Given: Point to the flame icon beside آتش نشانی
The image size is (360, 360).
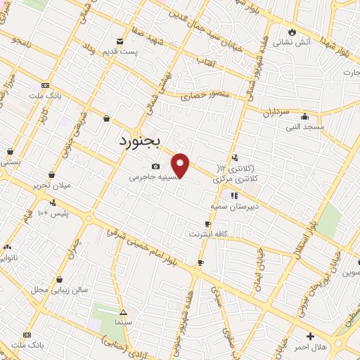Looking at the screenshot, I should (292, 32).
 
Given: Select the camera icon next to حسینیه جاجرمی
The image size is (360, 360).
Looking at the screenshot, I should (155, 166).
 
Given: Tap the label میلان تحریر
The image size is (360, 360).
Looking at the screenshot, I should (51, 186).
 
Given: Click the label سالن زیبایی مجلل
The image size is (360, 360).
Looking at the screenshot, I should (59, 290).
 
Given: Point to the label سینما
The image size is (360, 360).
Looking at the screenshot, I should (124, 321).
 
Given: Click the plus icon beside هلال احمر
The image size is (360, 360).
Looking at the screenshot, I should (310, 336).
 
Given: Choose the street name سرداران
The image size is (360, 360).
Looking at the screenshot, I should (276, 111).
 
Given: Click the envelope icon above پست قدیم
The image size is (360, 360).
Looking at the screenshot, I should (120, 41).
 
